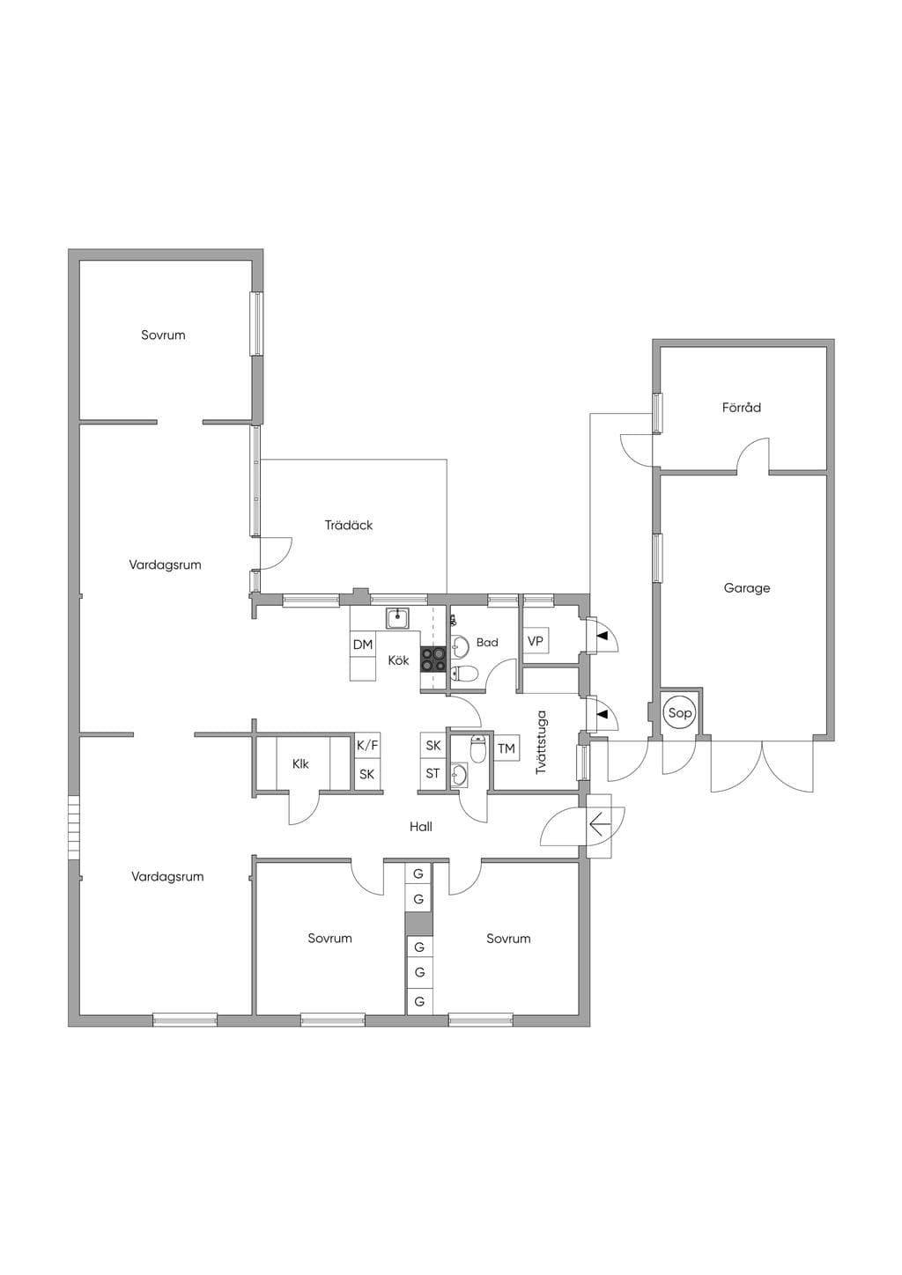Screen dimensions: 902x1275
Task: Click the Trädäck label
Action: (x=349, y=525)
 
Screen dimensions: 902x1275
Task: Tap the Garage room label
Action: (x=747, y=588)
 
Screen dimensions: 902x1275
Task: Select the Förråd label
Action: (x=742, y=407)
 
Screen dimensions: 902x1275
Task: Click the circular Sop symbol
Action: (x=680, y=712)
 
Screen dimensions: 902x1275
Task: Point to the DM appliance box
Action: (x=363, y=645)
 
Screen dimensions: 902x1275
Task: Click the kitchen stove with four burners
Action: (x=433, y=660)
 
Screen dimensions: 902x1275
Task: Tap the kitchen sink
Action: (x=397, y=618)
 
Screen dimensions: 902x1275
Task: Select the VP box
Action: (x=536, y=641)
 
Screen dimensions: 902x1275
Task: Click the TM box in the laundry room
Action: (x=506, y=748)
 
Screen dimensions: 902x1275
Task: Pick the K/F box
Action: (x=367, y=746)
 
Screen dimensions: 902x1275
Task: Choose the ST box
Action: (x=433, y=774)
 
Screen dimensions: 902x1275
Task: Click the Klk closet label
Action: (x=300, y=764)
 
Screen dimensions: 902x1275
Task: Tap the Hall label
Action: (x=421, y=827)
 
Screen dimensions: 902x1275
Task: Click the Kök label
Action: (x=399, y=660)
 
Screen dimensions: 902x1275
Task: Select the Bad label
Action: (x=487, y=642)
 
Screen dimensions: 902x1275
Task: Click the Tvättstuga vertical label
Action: (x=541, y=741)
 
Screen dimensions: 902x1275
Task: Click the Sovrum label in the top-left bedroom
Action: (x=164, y=335)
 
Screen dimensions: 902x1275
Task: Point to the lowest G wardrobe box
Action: (x=419, y=1001)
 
